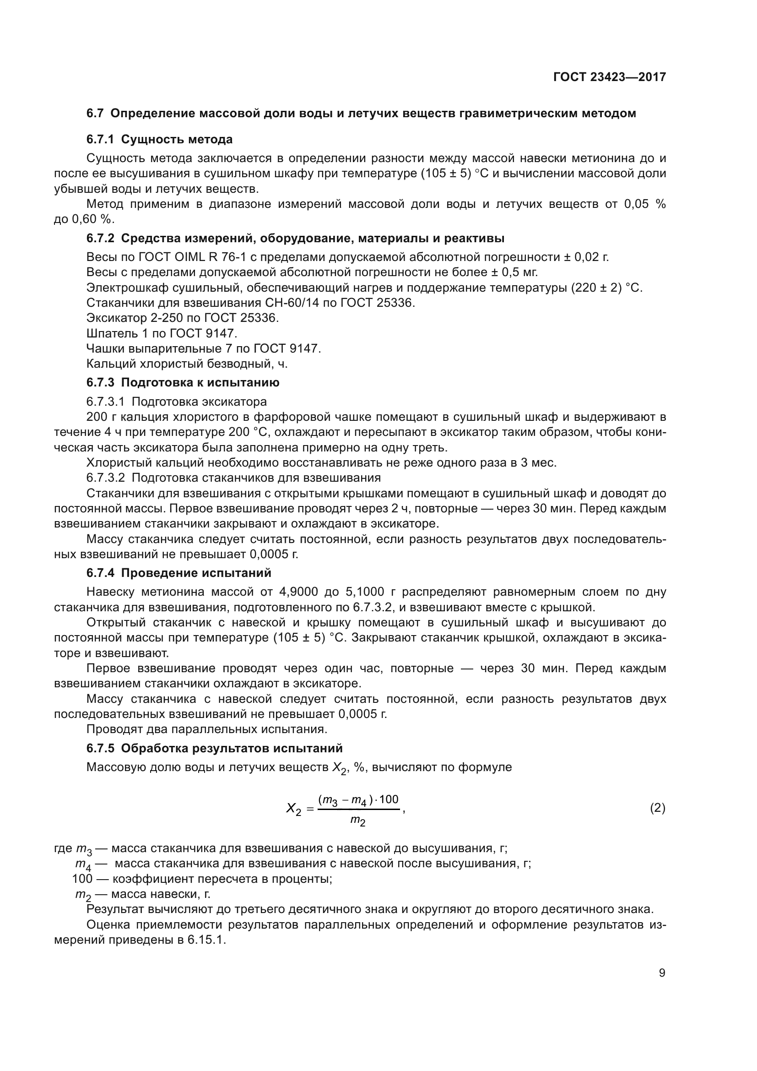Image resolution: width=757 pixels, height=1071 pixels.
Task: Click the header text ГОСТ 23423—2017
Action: [609, 77]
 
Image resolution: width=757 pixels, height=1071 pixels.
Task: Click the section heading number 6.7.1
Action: [100, 140]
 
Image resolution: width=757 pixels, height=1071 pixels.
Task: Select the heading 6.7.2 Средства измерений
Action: [295, 239]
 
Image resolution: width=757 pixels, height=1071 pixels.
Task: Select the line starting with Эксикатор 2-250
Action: [182, 318]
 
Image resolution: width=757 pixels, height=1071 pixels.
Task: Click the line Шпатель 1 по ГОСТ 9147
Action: [162, 333]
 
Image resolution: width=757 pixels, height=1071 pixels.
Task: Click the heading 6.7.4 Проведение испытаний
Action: [178, 573]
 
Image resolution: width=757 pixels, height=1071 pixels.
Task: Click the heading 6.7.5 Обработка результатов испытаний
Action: [214, 748]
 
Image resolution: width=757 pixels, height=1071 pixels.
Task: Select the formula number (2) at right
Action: [657, 808]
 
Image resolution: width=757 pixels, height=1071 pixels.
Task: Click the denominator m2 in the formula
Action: [357, 821]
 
